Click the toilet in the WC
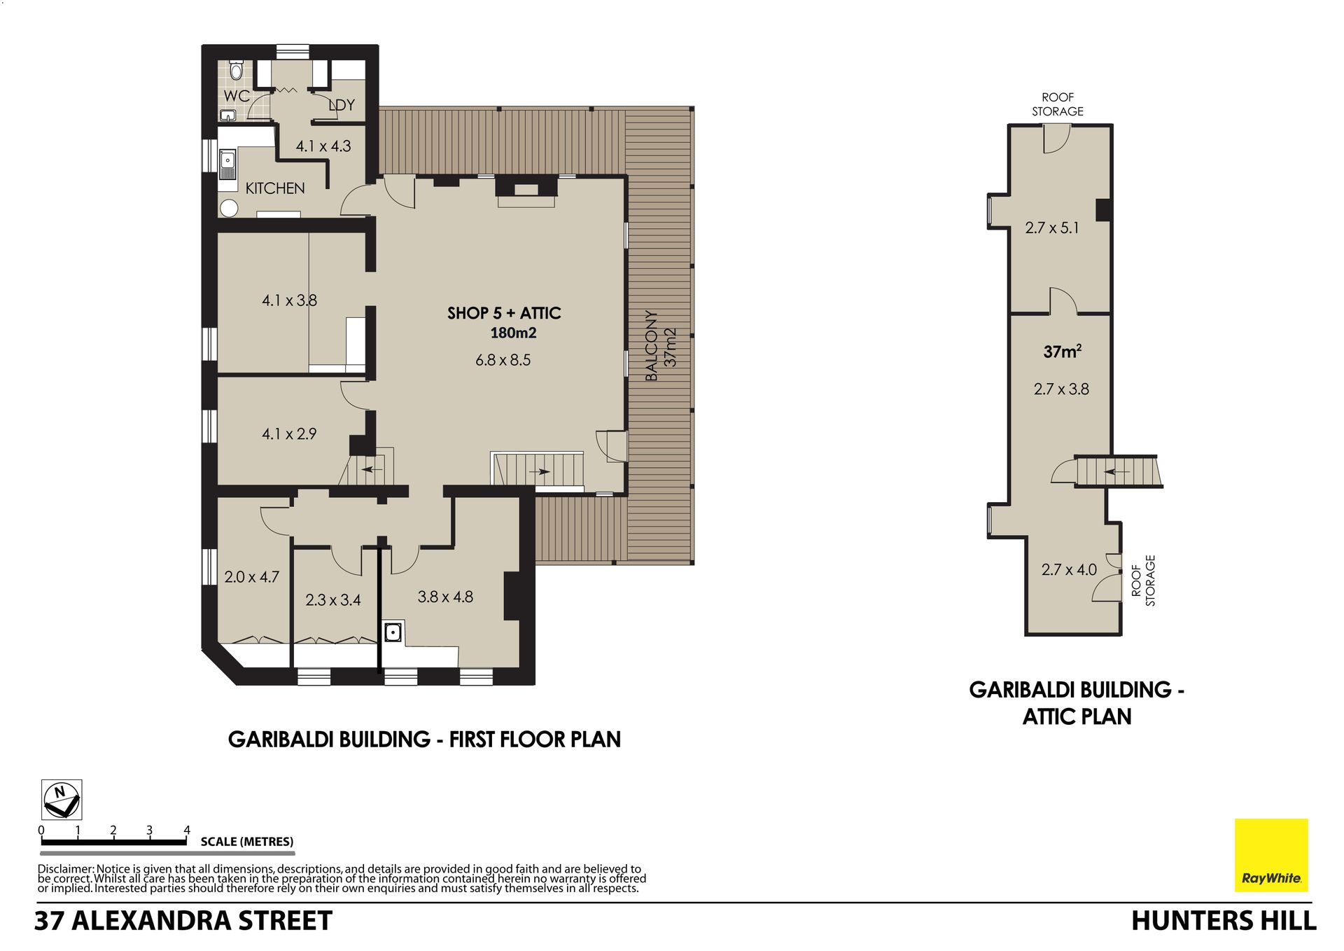236,71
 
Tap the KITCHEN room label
275,188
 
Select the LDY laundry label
342,105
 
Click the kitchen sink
227,164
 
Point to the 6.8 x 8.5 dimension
503,360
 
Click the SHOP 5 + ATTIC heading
504,313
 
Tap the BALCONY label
652,346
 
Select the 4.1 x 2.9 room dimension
289,434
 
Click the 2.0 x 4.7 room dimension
251,577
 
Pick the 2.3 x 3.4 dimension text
333,600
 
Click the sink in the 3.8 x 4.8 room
393,632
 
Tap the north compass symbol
62,800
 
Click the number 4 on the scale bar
187,831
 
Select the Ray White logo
1271,855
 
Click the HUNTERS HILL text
1224,921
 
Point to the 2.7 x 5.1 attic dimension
1052,228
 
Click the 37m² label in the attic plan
1063,352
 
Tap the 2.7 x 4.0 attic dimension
1069,570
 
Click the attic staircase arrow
1116,472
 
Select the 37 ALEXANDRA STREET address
183,921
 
